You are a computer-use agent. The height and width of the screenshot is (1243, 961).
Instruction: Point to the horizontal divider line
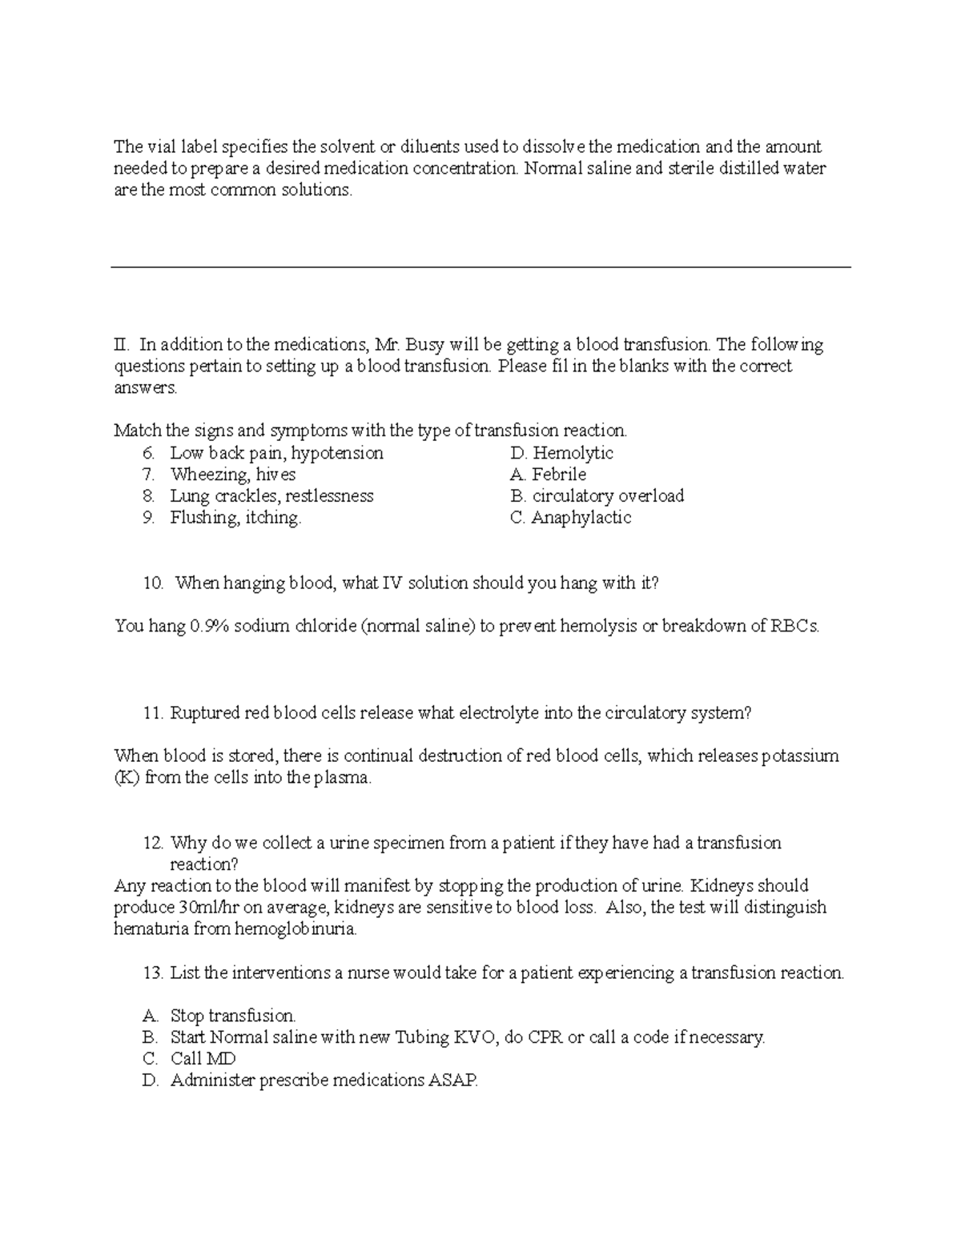(480, 268)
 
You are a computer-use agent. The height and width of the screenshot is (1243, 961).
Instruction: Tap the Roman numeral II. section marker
(121, 345)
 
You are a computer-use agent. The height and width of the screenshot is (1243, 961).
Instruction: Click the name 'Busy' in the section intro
(425, 345)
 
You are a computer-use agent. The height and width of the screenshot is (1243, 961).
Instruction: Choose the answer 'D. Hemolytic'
(561, 453)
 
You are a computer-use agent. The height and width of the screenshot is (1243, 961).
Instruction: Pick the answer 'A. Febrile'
(548, 475)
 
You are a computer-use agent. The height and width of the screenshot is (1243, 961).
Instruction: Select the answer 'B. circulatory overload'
(597, 496)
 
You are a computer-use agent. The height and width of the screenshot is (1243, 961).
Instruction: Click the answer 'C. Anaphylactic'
(570, 518)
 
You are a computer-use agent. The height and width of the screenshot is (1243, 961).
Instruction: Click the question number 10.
(153, 583)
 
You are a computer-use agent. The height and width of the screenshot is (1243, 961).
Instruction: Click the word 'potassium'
(799, 756)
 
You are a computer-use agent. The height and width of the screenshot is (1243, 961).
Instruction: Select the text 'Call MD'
(203, 1059)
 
